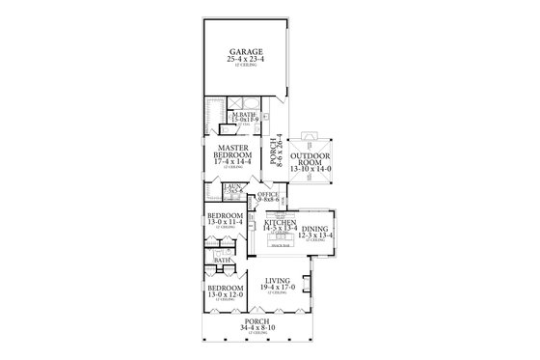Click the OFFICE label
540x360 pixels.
tap(268, 194)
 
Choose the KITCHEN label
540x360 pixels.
tap(281, 221)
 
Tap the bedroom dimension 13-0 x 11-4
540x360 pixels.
tap(225, 223)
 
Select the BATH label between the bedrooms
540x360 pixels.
tap(223, 260)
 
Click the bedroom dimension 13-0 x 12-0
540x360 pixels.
tap(225, 293)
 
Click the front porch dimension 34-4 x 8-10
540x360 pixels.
tap(257, 330)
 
